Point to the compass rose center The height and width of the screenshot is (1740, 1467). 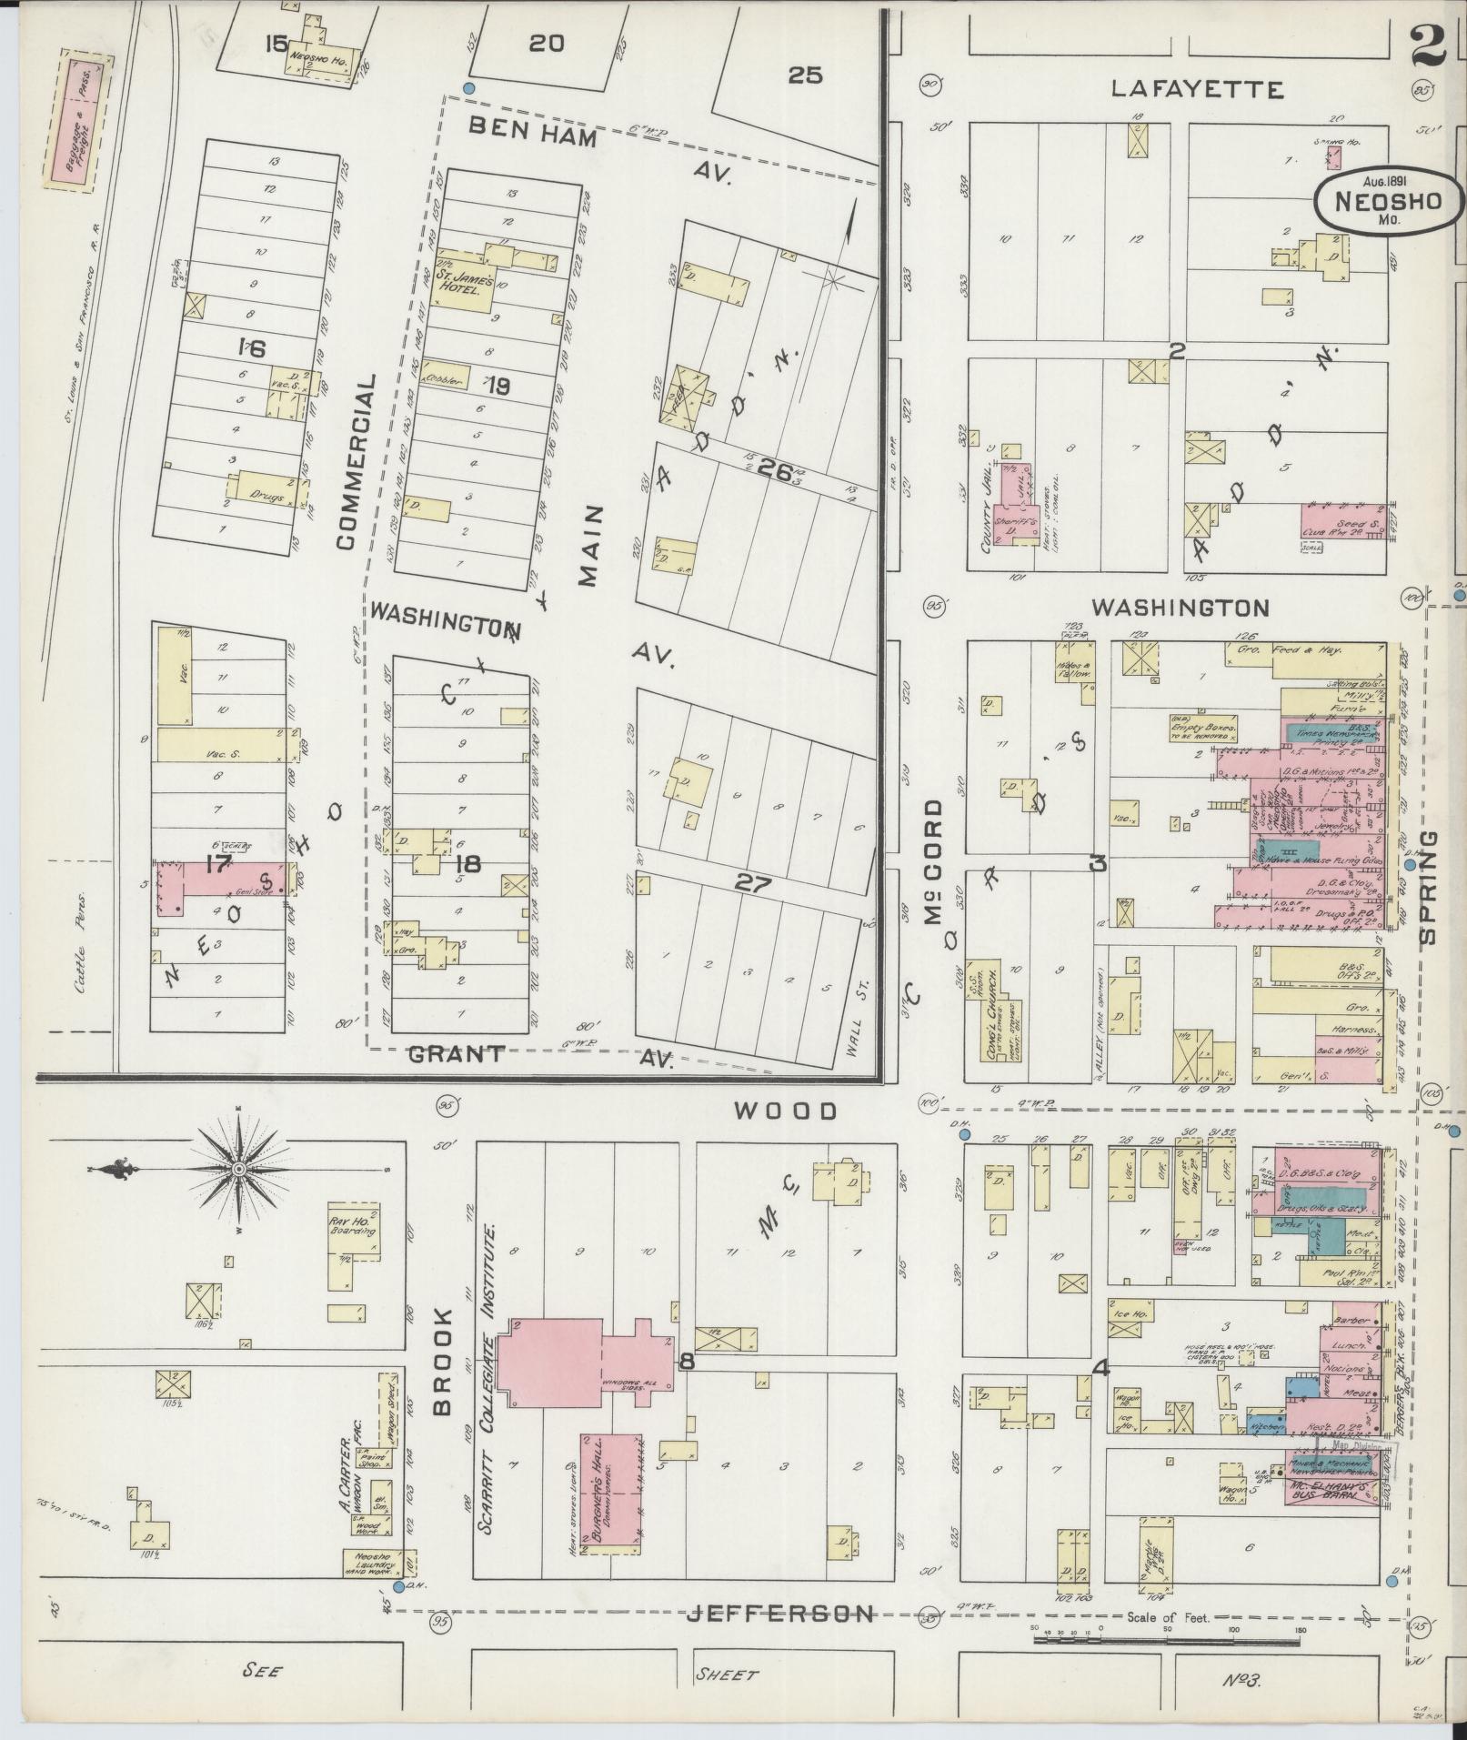tap(238, 1169)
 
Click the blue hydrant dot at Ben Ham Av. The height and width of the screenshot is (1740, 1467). tap(469, 88)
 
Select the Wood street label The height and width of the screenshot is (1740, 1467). tap(785, 1111)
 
